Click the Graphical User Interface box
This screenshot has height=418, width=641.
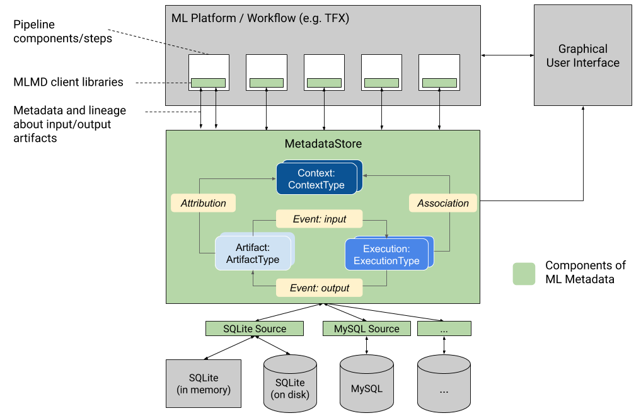click(582, 55)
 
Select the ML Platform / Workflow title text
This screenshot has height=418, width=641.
click(260, 18)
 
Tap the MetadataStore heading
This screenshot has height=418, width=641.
click(323, 144)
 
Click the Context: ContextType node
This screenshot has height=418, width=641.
click(317, 178)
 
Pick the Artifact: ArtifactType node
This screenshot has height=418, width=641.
click(253, 253)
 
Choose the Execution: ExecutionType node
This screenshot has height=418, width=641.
click(386, 255)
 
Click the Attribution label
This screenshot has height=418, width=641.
click(203, 203)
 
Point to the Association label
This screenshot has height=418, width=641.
click(443, 203)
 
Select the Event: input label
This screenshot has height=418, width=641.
click(320, 219)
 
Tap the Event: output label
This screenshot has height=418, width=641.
click(320, 288)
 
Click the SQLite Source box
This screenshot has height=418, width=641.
click(255, 328)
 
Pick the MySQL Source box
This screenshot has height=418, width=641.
click(366, 328)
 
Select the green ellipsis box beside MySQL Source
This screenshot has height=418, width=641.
click(444, 328)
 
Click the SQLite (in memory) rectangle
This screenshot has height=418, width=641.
click(204, 383)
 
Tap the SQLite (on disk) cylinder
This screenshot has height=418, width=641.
click(290, 385)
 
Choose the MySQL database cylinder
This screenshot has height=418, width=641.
click(366, 385)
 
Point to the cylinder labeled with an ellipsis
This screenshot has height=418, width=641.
click(444, 385)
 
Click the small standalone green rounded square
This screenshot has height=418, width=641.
click(524, 274)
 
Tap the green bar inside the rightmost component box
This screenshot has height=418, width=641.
click(439, 83)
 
